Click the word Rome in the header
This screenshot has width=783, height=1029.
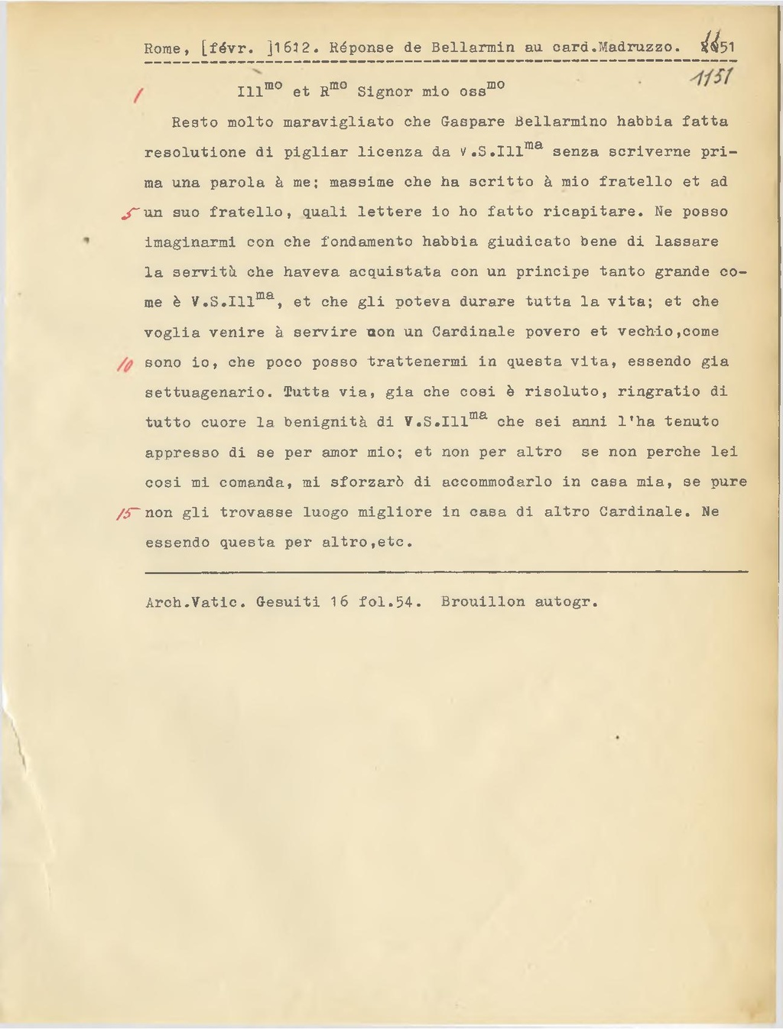click(x=161, y=48)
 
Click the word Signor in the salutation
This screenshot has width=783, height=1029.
click(x=385, y=92)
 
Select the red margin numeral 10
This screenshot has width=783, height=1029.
click(x=125, y=365)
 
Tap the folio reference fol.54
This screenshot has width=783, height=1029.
click(x=389, y=602)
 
